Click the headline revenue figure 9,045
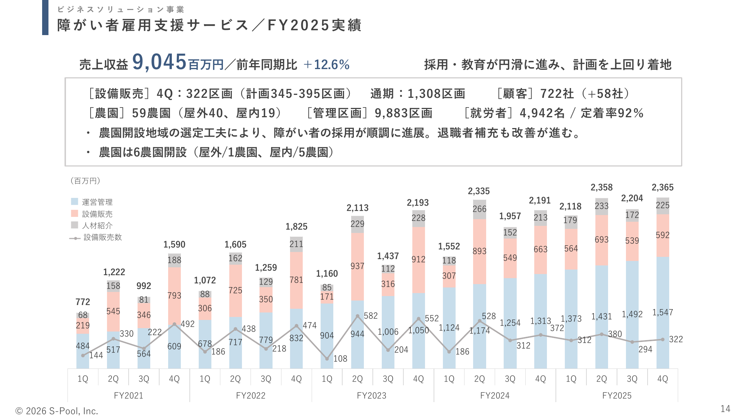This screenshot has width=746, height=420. point(159,62)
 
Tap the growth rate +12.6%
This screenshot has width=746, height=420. point(327,65)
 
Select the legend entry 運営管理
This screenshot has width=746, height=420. point(97,202)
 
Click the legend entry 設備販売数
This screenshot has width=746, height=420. point(103,237)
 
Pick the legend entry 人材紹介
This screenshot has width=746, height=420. point(97,225)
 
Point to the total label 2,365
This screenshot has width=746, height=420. point(662,187)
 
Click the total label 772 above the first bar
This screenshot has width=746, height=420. point(83,302)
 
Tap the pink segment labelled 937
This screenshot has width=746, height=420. point(357,266)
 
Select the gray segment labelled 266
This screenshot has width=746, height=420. point(479,209)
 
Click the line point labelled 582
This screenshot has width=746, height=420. point(358,316)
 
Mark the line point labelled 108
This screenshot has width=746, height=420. point(327,359)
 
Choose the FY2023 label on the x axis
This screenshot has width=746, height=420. point(372,396)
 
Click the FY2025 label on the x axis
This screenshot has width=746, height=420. point(617,396)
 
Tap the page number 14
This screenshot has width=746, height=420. point(725,409)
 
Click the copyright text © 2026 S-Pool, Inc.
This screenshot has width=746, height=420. point(57,411)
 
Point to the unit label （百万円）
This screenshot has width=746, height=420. point(85,181)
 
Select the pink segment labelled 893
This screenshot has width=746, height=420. point(479,251)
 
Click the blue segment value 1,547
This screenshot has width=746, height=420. point(662,312)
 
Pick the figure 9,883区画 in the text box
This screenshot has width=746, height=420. point(403,113)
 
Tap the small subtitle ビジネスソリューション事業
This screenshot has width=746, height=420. point(121,10)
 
